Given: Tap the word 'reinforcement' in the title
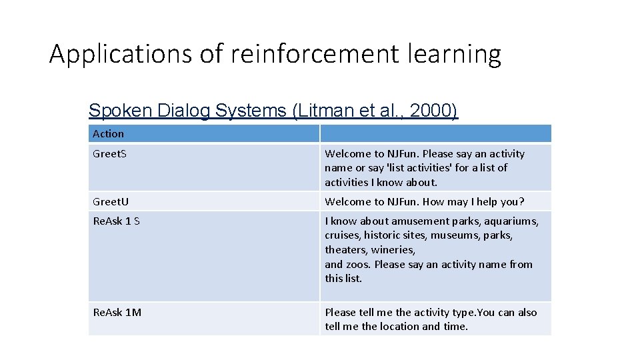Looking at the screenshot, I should pos(313,54).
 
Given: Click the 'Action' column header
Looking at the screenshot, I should pos(108,133).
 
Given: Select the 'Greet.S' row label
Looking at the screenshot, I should pos(109,154).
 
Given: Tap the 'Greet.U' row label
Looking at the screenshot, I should pos(111,201).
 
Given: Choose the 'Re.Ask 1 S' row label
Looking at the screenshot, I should pos(116,221).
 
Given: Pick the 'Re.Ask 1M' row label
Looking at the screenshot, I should pos(117,312).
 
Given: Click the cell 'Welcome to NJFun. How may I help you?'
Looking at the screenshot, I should pos(425,201).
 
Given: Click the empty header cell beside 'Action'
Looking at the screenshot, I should pos(435,133).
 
